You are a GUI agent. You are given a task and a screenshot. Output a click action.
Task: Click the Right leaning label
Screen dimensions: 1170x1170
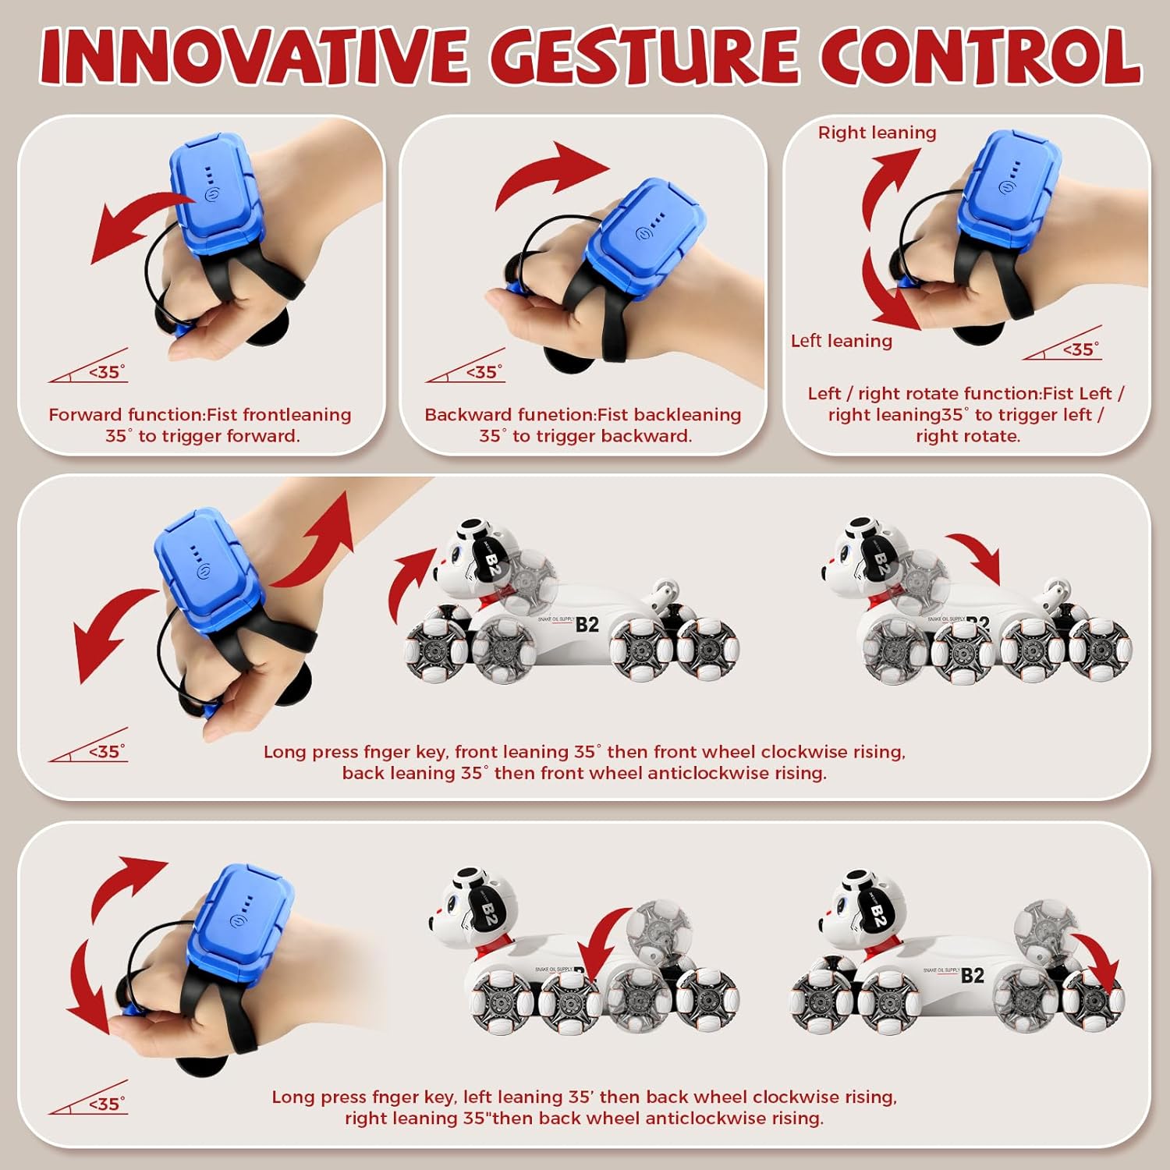click(x=877, y=133)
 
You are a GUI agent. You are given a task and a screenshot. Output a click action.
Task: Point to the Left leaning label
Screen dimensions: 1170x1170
click(x=841, y=341)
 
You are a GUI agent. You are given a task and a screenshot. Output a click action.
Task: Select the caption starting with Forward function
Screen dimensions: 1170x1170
click(x=200, y=425)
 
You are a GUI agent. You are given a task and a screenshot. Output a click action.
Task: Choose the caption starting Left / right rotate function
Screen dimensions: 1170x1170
click(x=966, y=414)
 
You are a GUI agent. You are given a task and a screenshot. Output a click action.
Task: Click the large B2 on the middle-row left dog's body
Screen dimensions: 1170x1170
click(x=587, y=625)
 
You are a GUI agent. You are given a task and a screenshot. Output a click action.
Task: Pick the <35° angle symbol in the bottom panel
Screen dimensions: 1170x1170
click(x=88, y=1098)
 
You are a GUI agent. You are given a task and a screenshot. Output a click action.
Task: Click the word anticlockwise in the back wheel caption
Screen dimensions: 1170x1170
click(x=696, y=1119)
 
